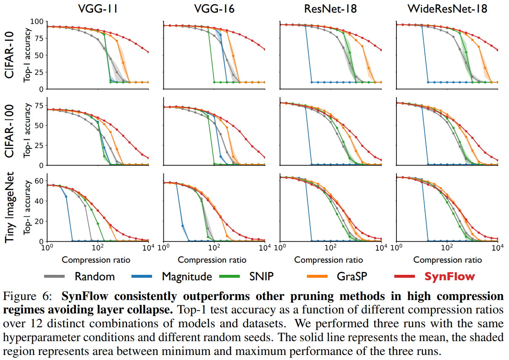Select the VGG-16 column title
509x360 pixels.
tap(214, 9)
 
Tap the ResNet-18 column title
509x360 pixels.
tap(330, 9)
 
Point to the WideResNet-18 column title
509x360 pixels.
tap(446, 9)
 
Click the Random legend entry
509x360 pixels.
tap(94, 276)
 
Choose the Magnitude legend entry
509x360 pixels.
tap(187, 276)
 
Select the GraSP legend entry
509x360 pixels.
tap(351, 276)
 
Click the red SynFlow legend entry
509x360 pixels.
tap(449, 276)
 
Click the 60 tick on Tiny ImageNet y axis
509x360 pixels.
tap(40, 181)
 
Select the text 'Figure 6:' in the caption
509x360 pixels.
tap(29, 297)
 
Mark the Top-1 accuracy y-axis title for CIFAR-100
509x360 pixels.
tap(28, 131)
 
